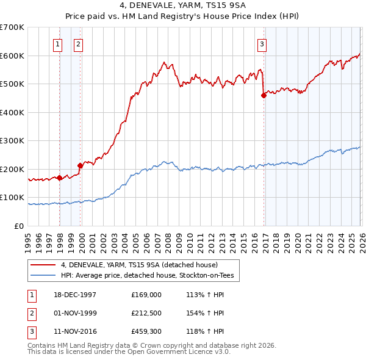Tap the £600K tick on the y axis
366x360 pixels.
click(x=12, y=56)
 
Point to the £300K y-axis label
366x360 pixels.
click(x=12, y=141)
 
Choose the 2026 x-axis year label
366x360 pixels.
click(x=361, y=240)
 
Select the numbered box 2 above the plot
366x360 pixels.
click(x=79, y=43)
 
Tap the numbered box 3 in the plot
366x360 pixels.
click(x=261, y=43)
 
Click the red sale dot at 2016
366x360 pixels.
click(x=264, y=95)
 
